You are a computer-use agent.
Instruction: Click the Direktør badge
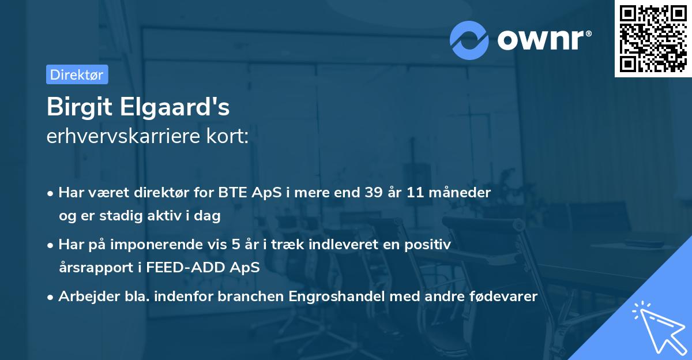(x=77, y=74)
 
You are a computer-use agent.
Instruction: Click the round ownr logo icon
(x=469, y=40)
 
